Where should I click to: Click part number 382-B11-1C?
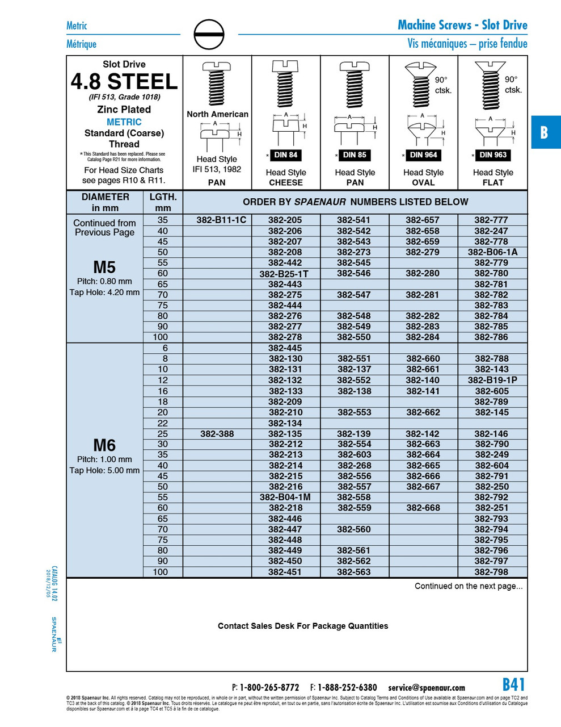pyautogui.click(x=221, y=220)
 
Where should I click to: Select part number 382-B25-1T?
pyautogui.click(x=285, y=274)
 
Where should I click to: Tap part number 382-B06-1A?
pyautogui.click(x=492, y=252)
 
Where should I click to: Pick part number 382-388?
pyautogui.click(x=217, y=434)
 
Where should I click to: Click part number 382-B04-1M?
pyautogui.click(x=285, y=498)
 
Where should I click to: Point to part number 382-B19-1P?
pyautogui.click(x=492, y=380)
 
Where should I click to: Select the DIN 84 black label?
pyautogui.click(x=285, y=155)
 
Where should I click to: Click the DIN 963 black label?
pyautogui.click(x=492, y=155)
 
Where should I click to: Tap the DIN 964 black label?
pyautogui.click(x=423, y=155)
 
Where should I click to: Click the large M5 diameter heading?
pyautogui.click(x=104, y=267)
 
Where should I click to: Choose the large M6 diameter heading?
pyautogui.click(x=104, y=445)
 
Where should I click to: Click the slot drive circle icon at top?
pyautogui.click(x=209, y=35)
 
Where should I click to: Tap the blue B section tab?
pyautogui.click(x=545, y=132)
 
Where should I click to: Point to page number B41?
pyautogui.click(x=514, y=684)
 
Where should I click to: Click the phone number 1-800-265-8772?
pyautogui.click(x=269, y=688)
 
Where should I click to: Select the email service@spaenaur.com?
pyautogui.click(x=427, y=688)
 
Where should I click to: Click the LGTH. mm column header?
pyautogui.click(x=163, y=202)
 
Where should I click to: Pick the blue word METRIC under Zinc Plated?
pyautogui.click(x=124, y=122)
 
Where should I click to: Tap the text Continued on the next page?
pyautogui.click(x=469, y=586)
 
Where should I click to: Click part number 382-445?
pyautogui.click(x=285, y=348)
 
